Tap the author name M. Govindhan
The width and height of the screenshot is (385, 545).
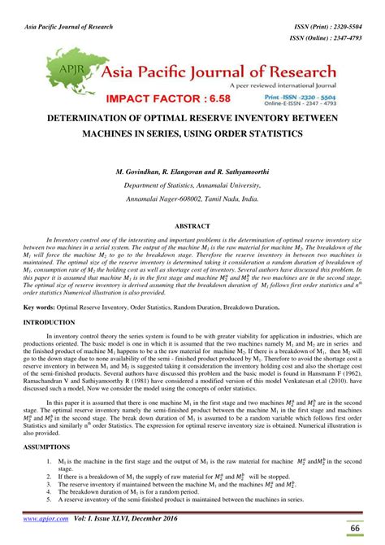(143, 173)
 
